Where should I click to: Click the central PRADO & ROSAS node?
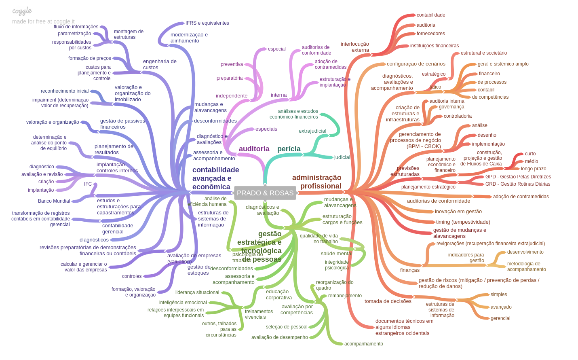(x=265, y=193)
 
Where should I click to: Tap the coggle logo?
(x=22, y=11)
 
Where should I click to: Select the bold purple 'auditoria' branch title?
(x=254, y=149)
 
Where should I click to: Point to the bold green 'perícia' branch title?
(x=289, y=149)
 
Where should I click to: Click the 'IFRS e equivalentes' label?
(x=207, y=23)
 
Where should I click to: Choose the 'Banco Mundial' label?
(x=54, y=201)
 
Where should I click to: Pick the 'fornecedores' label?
(x=430, y=34)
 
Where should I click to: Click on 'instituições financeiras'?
(x=434, y=46)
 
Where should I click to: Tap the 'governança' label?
(x=451, y=107)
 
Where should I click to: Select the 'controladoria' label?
(x=458, y=116)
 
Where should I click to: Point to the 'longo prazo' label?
(x=533, y=169)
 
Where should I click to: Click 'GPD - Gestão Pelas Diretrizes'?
(x=518, y=177)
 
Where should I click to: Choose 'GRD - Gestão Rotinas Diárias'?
(x=517, y=184)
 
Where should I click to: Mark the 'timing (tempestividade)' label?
(x=463, y=222)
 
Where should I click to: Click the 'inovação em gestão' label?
(x=458, y=212)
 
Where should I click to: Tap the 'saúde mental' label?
(x=336, y=254)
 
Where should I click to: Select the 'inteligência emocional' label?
(x=183, y=303)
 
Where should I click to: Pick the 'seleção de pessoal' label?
(x=287, y=327)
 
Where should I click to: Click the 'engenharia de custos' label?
(x=160, y=64)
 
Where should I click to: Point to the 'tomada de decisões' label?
(x=388, y=301)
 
